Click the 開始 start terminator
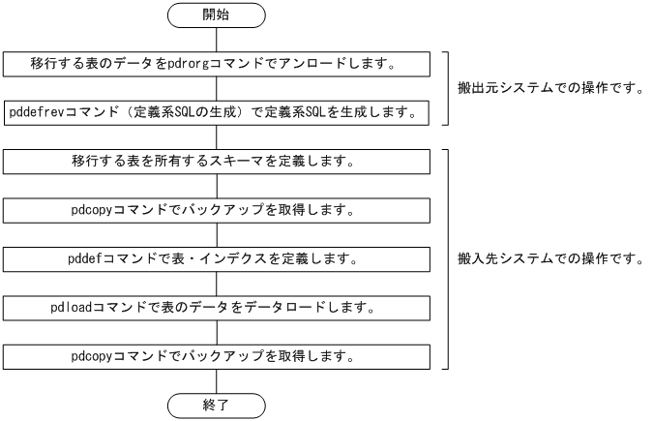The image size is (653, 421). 216,15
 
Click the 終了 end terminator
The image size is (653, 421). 216,405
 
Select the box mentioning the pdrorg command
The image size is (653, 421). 216,64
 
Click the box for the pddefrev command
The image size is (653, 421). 216,112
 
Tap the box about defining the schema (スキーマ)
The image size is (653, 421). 216,161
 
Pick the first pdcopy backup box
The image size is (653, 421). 216,209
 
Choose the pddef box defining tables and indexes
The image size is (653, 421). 216,259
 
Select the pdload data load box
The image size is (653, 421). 216,308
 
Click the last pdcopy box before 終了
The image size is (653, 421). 216,356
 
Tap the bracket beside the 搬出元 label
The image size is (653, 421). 447,88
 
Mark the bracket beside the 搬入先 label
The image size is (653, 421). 447,258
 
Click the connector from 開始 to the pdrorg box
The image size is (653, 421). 216,40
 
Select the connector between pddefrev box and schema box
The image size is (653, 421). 216,136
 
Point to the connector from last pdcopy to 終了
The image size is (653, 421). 216,380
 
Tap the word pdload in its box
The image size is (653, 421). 71,308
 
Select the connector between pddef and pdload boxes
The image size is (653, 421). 216,284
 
